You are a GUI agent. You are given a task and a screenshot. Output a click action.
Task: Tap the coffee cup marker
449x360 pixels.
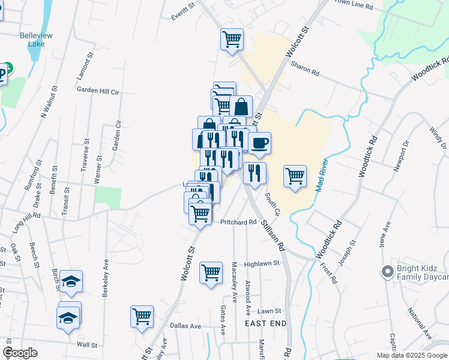(259, 143)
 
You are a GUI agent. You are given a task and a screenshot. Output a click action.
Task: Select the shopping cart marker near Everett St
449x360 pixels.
(232, 40)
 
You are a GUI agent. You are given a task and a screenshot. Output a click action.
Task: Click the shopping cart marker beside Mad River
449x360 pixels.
(295, 176)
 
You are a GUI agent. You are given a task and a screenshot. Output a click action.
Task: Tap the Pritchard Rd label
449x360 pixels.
(238, 222)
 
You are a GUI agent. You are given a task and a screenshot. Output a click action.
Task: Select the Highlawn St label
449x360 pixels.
(262, 263)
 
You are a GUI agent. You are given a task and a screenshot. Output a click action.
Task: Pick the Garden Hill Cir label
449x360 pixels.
(98, 89)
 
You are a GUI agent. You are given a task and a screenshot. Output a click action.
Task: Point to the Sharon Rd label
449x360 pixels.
(305, 69)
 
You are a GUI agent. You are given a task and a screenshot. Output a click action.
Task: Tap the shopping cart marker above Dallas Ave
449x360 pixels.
(142, 316)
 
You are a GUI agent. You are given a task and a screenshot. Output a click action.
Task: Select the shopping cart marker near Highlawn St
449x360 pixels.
(211, 274)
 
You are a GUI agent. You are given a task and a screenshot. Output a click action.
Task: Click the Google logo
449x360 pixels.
(20, 353)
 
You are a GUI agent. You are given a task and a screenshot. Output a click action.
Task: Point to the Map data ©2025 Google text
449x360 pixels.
(412, 355)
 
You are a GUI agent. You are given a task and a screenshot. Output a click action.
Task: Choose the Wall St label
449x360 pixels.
(87, 345)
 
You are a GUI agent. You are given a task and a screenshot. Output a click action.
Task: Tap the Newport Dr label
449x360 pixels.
(402, 156)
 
